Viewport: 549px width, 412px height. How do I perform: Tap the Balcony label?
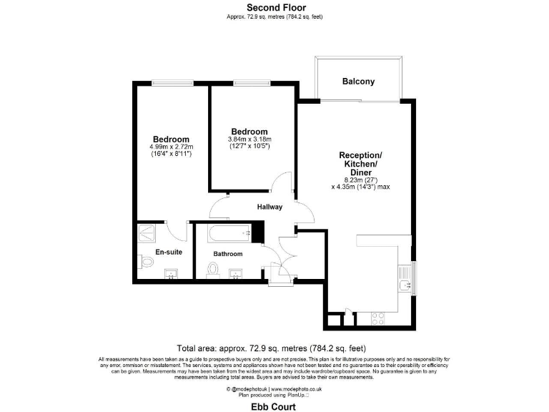358,82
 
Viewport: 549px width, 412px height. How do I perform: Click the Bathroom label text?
228,254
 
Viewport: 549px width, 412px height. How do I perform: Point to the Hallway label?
270,207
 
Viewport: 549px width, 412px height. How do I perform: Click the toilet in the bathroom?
212,270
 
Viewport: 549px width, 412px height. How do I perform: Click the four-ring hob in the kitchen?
377,316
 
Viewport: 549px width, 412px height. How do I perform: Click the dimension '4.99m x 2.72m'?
171,147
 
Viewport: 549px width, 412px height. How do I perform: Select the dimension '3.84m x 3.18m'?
249,139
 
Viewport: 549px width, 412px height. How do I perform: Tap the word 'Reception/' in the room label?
360,155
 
